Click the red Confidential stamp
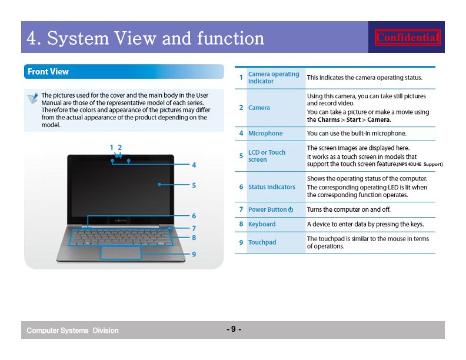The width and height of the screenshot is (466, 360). coord(407,38)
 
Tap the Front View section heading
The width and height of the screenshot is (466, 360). coord(48,72)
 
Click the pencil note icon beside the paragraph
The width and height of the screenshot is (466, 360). coord(33,98)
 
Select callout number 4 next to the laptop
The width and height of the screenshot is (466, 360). coord(194,165)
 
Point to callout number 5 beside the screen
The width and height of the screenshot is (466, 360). coord(194,185)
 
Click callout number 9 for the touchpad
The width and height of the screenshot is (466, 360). coord(194,254)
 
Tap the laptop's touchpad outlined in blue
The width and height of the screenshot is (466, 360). coord(121,252)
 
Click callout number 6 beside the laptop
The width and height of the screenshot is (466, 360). coord(194,216)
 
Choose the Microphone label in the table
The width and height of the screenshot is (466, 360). coord(265,134)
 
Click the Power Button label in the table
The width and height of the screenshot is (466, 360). coord(268,209)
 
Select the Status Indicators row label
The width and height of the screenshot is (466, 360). coord(272,187)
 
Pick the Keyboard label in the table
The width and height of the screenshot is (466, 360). coord(262,224)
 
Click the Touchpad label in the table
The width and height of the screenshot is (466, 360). coord(262,242)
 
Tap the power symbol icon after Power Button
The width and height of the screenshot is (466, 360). coord(291,209)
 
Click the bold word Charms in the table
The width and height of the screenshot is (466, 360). coord(328,119)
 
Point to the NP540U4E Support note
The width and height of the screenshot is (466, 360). coord(420,164)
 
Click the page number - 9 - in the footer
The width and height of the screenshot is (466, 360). coord(234,329)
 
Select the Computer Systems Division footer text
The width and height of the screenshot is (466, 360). coord(72,331)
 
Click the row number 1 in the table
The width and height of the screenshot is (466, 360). coord(241,78)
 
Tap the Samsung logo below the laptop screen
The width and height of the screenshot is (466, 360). coord(121,221)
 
